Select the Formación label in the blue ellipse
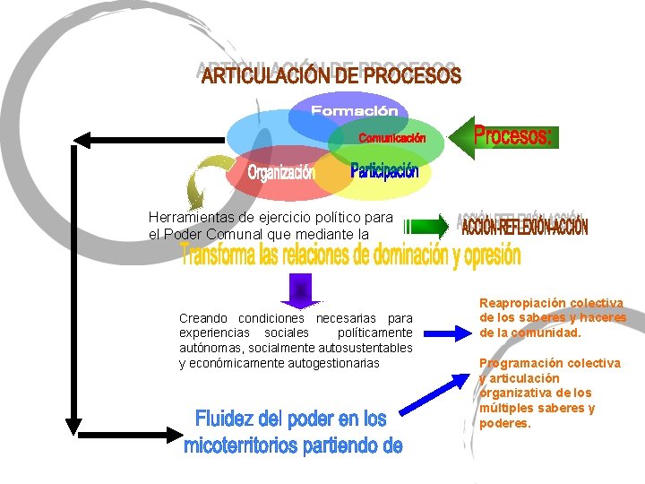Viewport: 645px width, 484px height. pos(354,111)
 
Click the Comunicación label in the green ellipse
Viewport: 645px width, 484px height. pos(392,138)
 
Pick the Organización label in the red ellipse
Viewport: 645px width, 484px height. pos(281,172)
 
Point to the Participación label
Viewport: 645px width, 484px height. pos(384,170)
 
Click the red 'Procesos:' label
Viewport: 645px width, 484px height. pos(513,136)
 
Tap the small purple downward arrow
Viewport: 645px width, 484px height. pos(300,289)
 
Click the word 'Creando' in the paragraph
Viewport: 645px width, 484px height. pos(202,318)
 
